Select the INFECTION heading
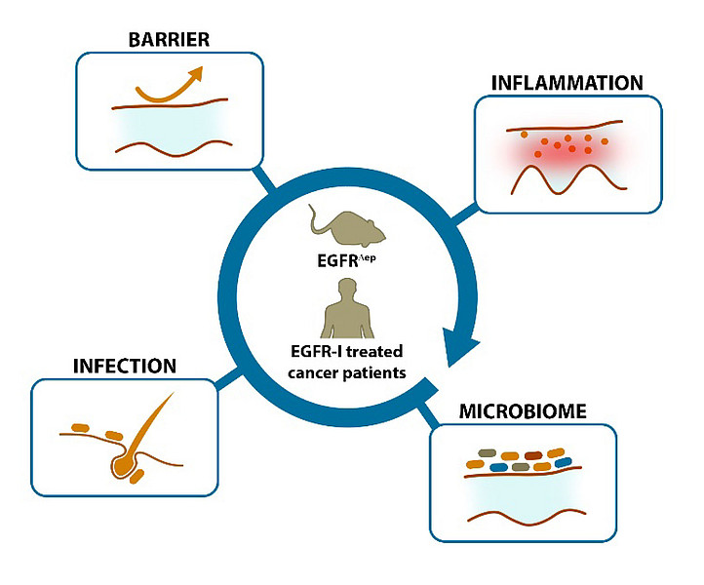(x=124, y=367)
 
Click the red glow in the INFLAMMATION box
(x=560, y=150)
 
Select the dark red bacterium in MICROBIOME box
(x=533, y=454)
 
